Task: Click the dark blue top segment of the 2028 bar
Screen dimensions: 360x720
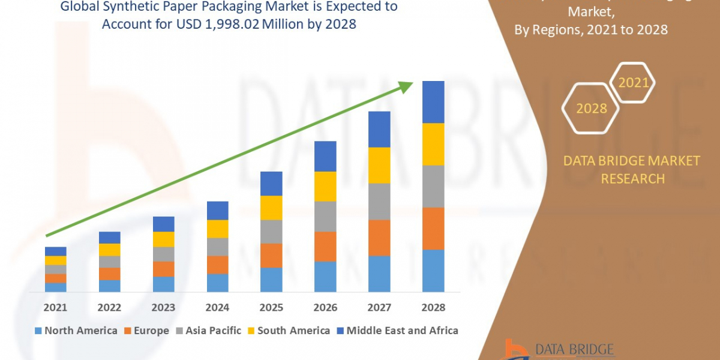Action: [433, 102]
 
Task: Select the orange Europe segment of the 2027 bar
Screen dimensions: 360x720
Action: [379, 238]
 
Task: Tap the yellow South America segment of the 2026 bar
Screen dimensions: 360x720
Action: [325, 186]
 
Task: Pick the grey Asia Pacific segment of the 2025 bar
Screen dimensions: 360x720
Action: [271, 232]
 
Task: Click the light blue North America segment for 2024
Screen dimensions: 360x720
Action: [217, 283]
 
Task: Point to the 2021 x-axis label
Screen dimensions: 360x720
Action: [55, 307]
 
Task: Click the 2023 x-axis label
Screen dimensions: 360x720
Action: [163, 307]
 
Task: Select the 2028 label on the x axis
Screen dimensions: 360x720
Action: [433, 307]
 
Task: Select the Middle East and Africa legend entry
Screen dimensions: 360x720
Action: [397, 331]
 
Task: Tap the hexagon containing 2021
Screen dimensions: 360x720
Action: [633, 83]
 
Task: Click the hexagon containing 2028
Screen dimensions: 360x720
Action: [591, 109]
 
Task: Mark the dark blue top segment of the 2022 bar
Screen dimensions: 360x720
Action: [109, 238]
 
